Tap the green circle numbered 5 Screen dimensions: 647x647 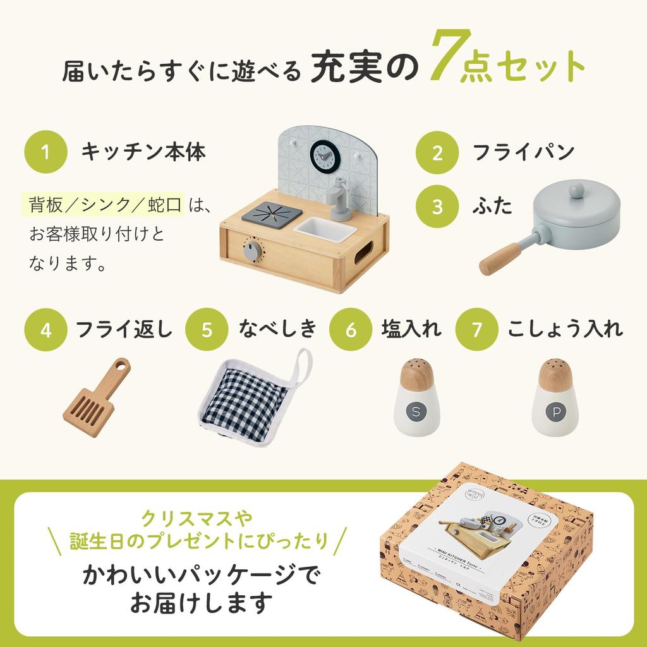coord(207,330)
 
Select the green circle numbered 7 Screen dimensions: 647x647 coord(476,330)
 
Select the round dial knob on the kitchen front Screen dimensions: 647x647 coord(252,251)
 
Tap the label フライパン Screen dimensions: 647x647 coord(524,152)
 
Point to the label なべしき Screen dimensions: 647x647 coord(276,330)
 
